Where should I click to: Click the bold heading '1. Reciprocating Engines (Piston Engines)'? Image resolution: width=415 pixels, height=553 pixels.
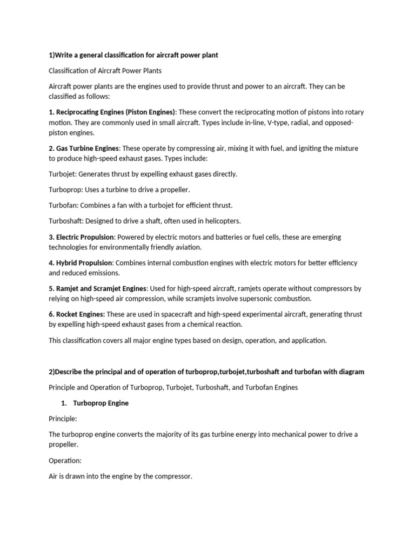tap(112, 112)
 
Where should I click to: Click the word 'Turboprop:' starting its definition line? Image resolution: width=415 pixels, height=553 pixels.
tap(65, 190)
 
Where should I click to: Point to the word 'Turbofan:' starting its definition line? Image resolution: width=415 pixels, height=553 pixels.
tap(64, 205)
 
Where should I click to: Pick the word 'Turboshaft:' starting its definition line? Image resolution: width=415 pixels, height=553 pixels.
tap(66, 221)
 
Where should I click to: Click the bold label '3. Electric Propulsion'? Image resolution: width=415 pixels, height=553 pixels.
tap(82, 237)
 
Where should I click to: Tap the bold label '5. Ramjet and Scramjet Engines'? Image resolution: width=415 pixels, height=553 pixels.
tap(98, 288)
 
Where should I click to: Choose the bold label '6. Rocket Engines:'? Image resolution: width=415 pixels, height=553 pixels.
tap(77, 314)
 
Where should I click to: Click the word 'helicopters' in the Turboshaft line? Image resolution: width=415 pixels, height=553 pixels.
tap(222, 221)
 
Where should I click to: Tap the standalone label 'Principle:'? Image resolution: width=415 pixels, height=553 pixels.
tap(63, 419)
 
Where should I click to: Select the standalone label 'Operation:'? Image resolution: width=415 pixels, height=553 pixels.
tap(65, 460)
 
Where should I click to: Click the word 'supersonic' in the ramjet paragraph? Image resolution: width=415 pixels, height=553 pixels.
tap(245, 299)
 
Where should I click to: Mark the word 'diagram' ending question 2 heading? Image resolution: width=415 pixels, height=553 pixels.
tap(351, 372)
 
